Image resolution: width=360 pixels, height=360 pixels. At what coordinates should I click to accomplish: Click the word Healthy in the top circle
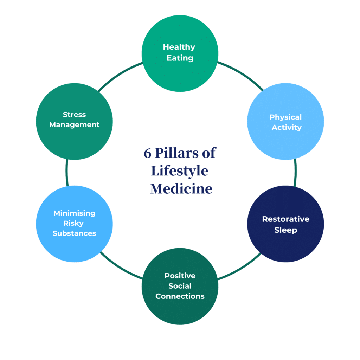[x=179, y=47]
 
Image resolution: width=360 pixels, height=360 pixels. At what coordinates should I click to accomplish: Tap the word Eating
[x=180, y=58]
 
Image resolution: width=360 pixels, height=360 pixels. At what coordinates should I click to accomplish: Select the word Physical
[x=285, y=117]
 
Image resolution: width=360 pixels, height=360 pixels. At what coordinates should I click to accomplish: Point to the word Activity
[x=287, y=127]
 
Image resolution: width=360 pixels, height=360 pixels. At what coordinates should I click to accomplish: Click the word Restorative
[x=285, y=219]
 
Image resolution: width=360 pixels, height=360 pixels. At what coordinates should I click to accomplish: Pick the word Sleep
[x=285, y=230]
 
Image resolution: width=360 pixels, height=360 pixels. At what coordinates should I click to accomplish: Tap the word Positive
[x=180, y=276]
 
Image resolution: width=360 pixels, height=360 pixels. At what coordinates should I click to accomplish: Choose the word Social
[x=180, y=286]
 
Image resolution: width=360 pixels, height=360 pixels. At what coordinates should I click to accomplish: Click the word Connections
[x=180, y=296]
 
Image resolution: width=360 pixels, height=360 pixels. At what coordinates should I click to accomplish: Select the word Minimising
[x=74, y=213]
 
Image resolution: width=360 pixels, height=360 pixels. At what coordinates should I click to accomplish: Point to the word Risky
[x=74, y=223]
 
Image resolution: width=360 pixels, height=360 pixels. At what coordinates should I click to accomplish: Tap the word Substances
[x=74, y=233]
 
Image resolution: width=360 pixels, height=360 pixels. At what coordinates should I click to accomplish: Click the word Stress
[x=74, y=114]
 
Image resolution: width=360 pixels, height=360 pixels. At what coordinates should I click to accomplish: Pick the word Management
[x=74, y=124]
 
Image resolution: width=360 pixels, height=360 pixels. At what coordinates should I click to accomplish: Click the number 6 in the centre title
[x=147, y=154]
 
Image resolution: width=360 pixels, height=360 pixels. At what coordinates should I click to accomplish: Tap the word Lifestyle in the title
[x=180, y=171]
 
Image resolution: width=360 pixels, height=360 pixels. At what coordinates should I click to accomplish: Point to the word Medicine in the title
[x=181, y=189]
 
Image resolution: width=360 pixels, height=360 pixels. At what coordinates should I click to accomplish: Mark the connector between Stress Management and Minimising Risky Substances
[x=66, y=173]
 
